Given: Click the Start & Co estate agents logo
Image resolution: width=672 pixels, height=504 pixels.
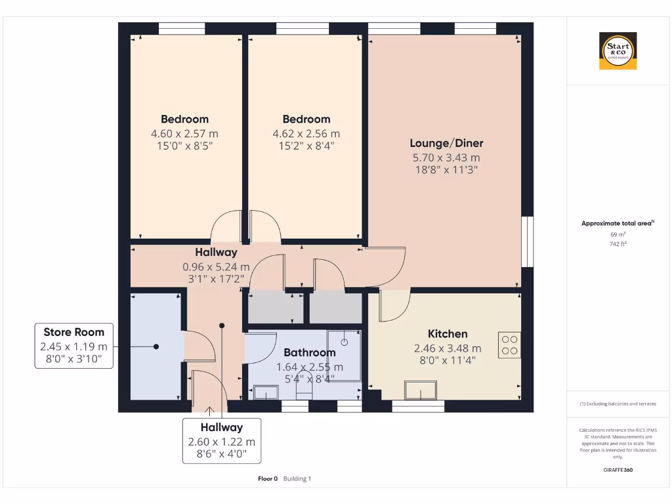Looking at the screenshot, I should [x=618, y=51].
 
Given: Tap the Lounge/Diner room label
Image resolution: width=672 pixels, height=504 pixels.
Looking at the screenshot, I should [x=446, y=143].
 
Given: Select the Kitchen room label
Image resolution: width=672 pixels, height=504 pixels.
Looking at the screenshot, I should [x=448, y=334].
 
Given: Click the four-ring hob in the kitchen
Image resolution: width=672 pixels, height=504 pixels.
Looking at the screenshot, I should [x=509, y=345].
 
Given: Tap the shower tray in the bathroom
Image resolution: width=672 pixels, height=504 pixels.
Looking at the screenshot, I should [x=344, y=355].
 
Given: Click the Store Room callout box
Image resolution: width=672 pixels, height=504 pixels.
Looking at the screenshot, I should [x=74, y=346].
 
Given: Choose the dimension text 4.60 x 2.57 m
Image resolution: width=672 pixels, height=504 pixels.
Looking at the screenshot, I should [x=184, y=133].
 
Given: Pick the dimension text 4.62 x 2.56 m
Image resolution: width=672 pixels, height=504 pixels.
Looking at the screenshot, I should [x=306, y=133].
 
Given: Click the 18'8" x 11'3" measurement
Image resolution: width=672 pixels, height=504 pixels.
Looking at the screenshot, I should [x=446, y=169].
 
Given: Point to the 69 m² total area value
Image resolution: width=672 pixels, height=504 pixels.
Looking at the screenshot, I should [x=618, y=234].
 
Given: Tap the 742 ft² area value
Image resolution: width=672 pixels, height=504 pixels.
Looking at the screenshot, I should [x=618, y=243].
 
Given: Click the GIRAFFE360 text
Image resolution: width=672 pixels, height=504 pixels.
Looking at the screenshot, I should [x=618, y=470].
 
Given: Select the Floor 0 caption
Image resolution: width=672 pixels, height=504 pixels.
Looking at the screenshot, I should [x=268, y=479].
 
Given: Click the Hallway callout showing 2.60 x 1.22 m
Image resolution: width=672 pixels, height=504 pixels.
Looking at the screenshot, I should [x=221, y=441].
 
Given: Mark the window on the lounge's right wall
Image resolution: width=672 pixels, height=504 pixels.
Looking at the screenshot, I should [x=526, y=241].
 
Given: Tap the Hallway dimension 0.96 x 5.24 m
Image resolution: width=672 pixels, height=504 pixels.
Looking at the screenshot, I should [x=216, y=267].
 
